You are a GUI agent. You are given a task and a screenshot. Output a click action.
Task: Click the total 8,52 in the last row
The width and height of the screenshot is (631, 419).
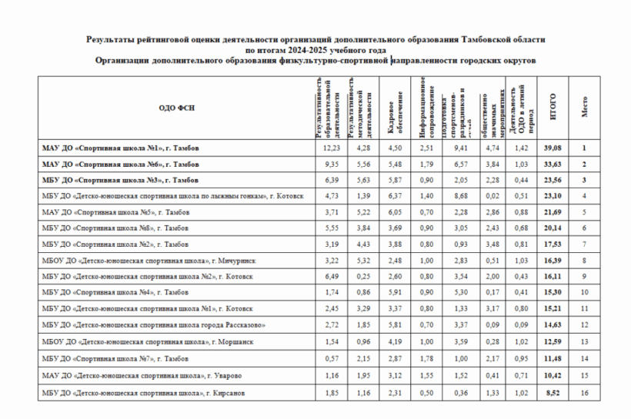click(553, 394)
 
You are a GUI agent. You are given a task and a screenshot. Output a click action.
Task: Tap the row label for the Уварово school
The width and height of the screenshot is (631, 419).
click(144, 375)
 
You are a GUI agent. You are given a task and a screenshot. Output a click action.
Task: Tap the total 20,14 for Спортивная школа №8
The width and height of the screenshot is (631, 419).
click(553, 229)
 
